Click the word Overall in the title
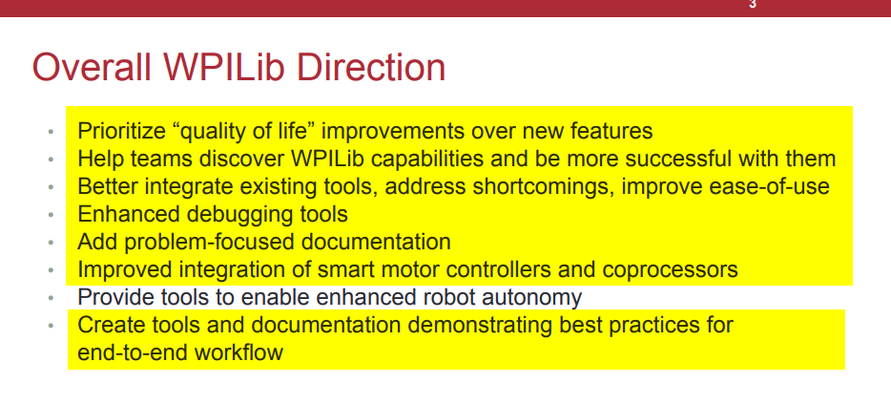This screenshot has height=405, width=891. click(x=92, y=67)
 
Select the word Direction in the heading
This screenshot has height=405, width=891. click(x=371, y=67)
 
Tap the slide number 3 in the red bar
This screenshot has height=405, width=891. click(x=753, y=4)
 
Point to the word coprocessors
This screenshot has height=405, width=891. click(x=671, y=269)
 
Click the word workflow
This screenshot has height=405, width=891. click(x=238, y=352)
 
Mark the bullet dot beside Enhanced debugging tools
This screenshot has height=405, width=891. click(x=52, y=215)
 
